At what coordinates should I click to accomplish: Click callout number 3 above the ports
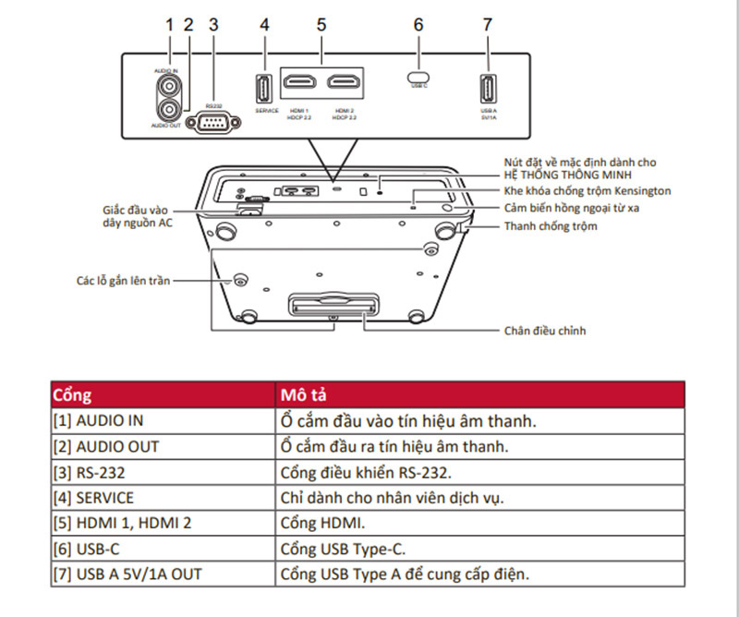213,25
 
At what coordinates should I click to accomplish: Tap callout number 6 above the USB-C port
418,25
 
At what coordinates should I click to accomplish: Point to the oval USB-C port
418,76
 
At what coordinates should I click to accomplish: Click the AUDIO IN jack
169,86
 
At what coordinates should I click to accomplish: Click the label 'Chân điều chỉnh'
545,330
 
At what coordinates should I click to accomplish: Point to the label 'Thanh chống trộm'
551,226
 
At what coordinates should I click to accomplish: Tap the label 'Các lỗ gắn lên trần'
123,279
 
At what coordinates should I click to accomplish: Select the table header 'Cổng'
72,395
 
